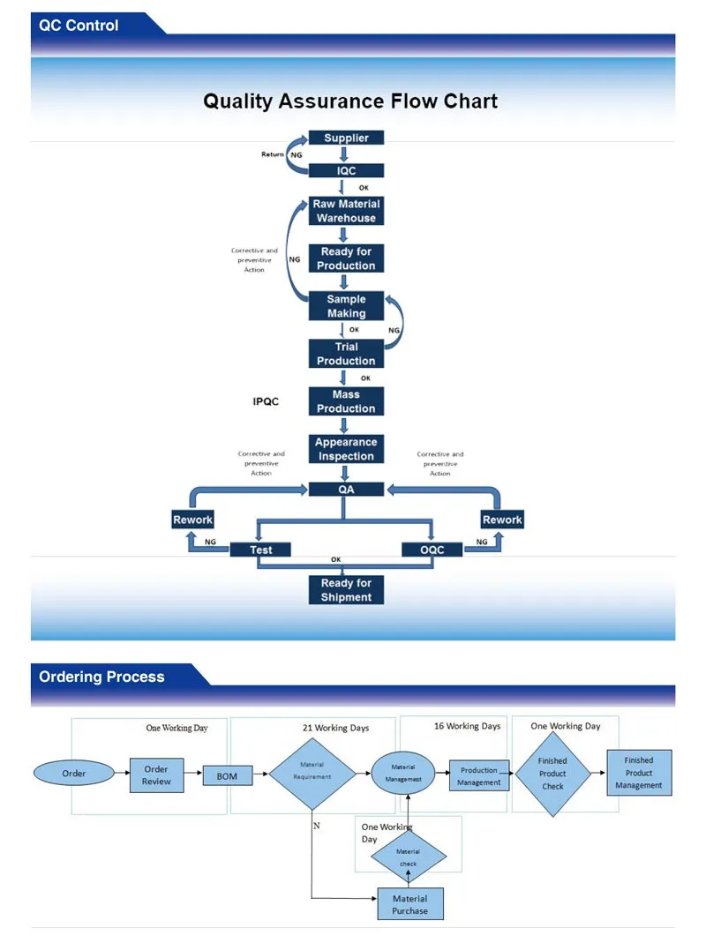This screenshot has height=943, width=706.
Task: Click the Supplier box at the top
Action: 346,138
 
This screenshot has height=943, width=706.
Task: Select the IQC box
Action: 346,170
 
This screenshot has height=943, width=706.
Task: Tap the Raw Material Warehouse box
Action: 346,211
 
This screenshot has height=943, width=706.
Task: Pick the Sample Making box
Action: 346,306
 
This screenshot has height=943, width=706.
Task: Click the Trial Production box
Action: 346,354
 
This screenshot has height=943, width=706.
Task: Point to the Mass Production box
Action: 346,401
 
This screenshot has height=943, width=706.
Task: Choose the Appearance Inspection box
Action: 346,449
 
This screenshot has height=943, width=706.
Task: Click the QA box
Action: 346,490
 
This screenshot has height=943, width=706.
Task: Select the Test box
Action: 261,550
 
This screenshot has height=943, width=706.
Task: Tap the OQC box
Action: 432,550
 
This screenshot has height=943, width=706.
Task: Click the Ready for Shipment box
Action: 346,590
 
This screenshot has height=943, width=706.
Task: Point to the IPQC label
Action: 266,402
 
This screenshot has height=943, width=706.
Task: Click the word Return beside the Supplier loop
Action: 273,154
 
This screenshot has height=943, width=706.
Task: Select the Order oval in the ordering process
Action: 74,774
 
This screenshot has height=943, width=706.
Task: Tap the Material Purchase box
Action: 410,904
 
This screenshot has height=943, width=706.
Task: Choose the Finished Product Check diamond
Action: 553,774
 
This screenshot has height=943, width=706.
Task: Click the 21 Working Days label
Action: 335,728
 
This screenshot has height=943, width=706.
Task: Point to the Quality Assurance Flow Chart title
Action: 350,101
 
